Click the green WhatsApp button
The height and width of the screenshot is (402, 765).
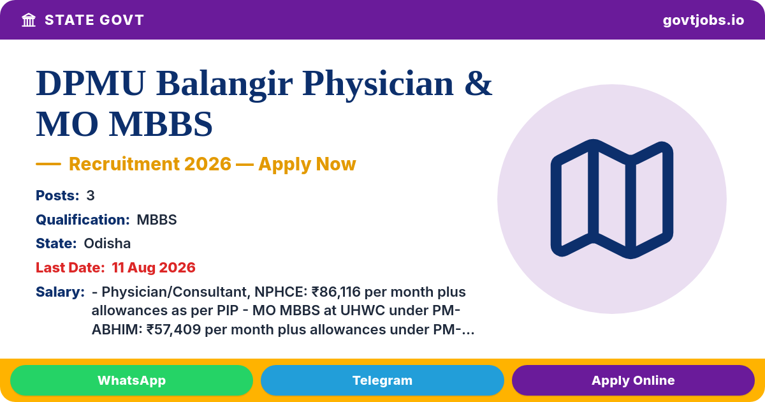click(x=131, y=380)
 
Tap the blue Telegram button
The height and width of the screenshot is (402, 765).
click(x=382, y=380)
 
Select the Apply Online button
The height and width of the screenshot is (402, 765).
click(x=633, y=380)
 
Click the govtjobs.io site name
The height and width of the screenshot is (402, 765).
click(x=703, y=20)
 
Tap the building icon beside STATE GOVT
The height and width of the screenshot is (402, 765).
click(x=29, y=20)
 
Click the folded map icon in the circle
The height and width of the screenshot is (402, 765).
click(x=611, y=199)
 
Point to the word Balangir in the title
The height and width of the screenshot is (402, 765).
click(x=224, y=84)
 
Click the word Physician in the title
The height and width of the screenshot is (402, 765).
click(x=378, y=84)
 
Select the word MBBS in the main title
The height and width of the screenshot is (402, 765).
click(x=161, y=124)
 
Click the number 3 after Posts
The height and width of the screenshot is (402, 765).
click(x=90, y=195)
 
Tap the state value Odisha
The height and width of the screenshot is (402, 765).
click(x=107, y=244)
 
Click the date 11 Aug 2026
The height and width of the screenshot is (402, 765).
click(x=154, y=267)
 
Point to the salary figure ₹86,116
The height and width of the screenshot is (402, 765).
click(x=336, y=292)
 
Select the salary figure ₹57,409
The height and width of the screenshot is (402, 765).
click(x=173, y=329)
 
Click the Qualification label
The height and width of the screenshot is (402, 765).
click(x=83, y=220)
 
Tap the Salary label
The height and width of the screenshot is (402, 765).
click(x=60, y=292)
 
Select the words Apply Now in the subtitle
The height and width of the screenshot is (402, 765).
click(x=307, y=164)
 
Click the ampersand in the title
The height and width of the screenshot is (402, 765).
click(x=478, y=84)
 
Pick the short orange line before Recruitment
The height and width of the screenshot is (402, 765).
click(x=48, y=164)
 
